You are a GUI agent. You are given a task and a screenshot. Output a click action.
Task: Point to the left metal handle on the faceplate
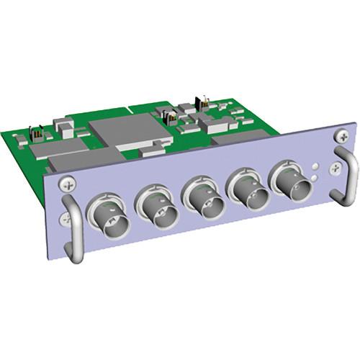(72, 231)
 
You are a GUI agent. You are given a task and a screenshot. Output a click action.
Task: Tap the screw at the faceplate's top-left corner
(66, 184)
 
